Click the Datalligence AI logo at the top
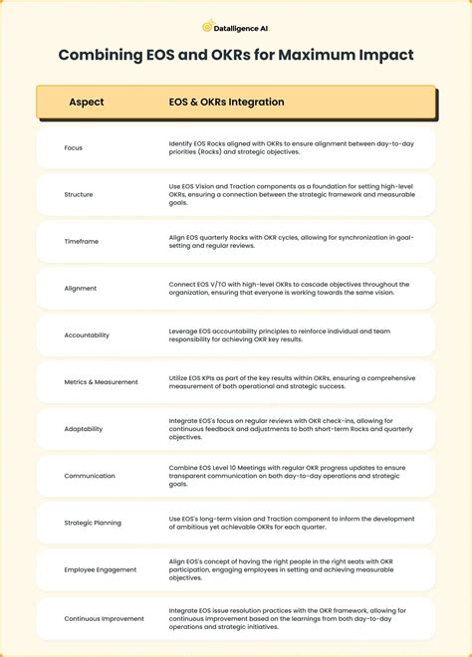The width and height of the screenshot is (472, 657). pyautogui.click(x=236, y=27)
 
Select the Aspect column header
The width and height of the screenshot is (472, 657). pyautogui.click(x=87, y=102)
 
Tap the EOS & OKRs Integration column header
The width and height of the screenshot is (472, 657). pyautogui.click(x=226, y=102)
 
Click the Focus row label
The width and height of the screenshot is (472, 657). pyautogui.click(x=74, y=147)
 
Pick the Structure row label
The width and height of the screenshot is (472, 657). pyautogui.click(x=79, y=194)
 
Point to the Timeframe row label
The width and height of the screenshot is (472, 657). pyautogui.click(x=82, y=241)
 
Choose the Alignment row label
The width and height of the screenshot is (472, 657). pyautogui.click(x=81, y=289)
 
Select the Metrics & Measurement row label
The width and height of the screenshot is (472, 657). pyautogui.click(x=102, y=382)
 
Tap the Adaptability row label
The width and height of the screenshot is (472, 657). pyautogui.click(x=85, y=429)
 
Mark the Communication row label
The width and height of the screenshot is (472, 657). pyautogui.click(x=90, y=476)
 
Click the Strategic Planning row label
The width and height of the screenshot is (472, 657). pyautogui.click(x=94, y=523)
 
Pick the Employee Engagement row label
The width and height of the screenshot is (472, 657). pyautogui.click(x=100, y=570)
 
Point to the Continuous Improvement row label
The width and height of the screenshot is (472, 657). pyautogui.click(x=105, y=618)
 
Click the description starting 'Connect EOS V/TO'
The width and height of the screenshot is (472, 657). pyautogui.click(x=289, y=289)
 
